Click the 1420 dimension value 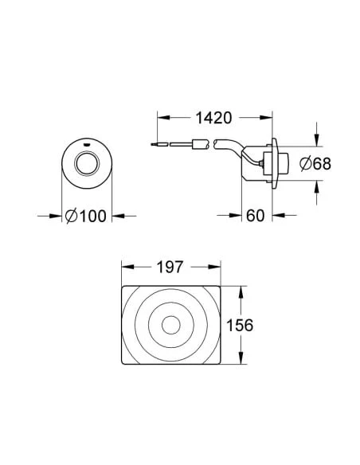[213, 118]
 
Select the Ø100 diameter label [85, 216]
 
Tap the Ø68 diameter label [315, 164]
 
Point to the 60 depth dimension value [255, 216]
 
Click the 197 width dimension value [170, 268]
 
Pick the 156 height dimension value [240, 326]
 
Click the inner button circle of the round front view [86, 163]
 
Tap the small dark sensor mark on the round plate [87, 145]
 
